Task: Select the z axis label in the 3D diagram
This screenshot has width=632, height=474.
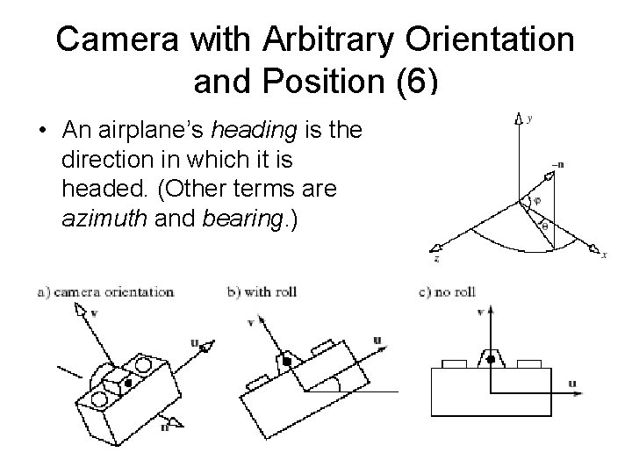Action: (x=436, y=260)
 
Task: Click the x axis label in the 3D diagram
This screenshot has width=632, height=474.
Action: (x=604, y=255)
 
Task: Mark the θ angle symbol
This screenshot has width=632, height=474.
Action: (x=542, y=226)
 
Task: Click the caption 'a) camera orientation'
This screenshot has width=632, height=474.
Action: (x=105, y=291)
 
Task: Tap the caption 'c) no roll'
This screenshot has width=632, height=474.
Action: (x=447, y=291)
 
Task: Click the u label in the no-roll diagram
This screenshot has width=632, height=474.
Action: (x=572, y=383)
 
